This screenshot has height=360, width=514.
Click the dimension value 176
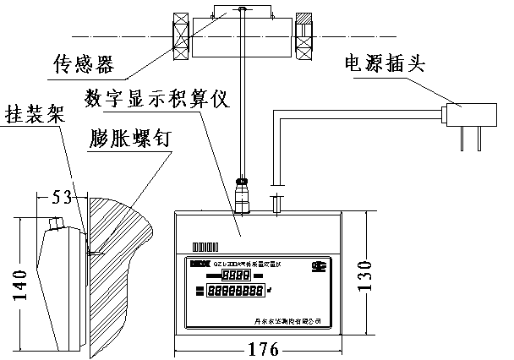(256, 347)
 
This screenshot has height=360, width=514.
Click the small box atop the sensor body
(243, 11)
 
